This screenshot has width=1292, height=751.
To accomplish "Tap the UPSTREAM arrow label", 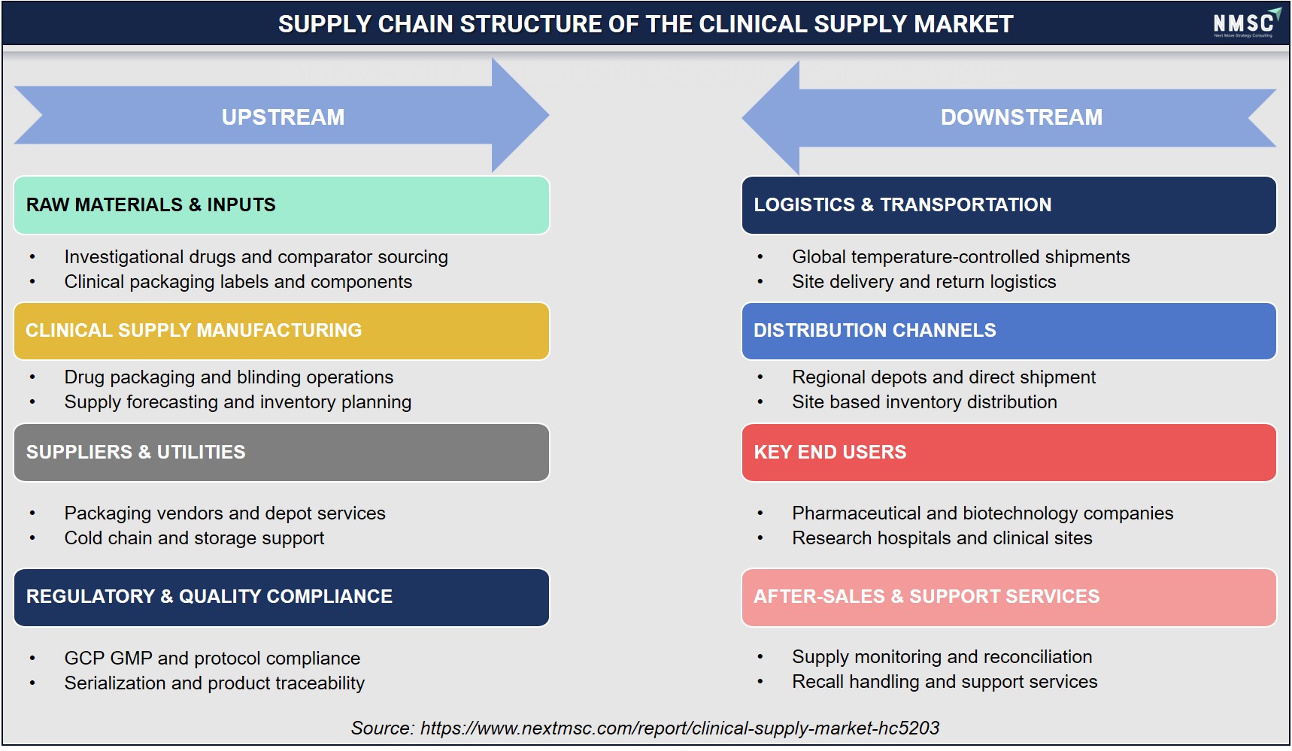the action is pyautogui.click(x=283, y=117).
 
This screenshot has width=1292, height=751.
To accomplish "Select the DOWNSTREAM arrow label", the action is pyautogui.click(x=1021, y=117).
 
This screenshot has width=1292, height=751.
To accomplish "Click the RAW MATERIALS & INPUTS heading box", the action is pyautogui.click(x=281, y=205).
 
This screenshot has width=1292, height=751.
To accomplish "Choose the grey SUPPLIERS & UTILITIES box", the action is pyautogui.click(x=281, y=453).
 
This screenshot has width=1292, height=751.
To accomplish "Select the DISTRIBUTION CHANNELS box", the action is pyautogui.click(x=1008, y=331).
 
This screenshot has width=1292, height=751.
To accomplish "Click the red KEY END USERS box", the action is pyautogui.click(x=1008, y=453).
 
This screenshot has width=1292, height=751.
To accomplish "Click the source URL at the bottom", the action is pyautogui.click(x=680, y=728).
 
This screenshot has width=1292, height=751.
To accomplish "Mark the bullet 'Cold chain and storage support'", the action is pyautogui.click(x=194, y=538).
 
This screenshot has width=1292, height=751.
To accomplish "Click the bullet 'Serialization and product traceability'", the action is pyautogui.click(x=214, y=683).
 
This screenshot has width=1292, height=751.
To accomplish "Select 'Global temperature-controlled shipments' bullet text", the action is pyautogui.click(x=960, y=257).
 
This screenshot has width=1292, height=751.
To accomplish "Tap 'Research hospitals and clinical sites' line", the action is pyautogui.click(x=942, y=538).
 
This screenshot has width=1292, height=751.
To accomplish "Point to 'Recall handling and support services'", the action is pyautogui.click(x=945, y=682).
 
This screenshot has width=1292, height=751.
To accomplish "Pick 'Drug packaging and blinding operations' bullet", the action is pyautogui.click(x=229, y=377).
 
